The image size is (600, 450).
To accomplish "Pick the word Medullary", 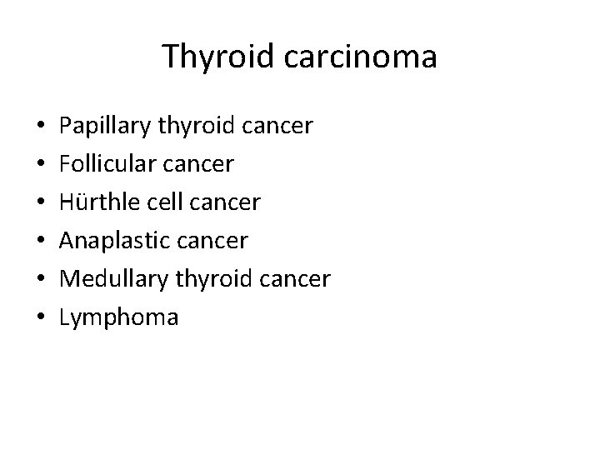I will point(105,279).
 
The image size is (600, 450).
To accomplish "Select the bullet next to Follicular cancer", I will point(41,165).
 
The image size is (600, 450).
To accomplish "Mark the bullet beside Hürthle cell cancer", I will point(41,203).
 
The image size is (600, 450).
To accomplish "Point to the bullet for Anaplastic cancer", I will point(41,242).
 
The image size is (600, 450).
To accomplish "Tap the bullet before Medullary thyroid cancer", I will point(41,280).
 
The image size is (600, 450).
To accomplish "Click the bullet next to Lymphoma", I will point(41,318).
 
